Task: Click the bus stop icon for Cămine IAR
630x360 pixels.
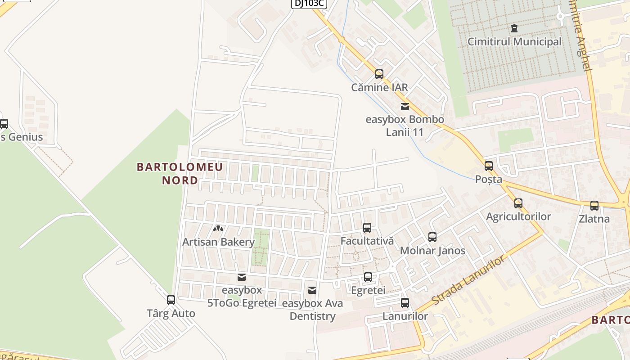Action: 379,74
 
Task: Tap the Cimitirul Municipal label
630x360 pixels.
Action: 514,42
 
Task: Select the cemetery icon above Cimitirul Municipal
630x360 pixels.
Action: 514,29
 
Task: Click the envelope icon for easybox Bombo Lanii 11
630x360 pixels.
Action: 405,107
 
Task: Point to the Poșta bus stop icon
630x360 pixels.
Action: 489,166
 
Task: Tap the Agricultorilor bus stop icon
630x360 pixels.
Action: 518,203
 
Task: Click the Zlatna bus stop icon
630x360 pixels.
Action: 594,206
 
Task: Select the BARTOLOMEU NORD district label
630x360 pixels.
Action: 180,174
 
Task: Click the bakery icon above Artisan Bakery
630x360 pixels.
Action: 218,229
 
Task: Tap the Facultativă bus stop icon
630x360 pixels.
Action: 367,228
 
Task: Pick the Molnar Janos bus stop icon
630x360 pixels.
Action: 432,237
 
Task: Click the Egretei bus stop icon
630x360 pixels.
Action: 368,277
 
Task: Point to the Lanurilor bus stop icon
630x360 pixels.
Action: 405,303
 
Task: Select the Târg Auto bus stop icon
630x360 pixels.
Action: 171,300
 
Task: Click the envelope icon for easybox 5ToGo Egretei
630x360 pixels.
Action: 242,277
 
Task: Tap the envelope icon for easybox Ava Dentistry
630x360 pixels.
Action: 312,290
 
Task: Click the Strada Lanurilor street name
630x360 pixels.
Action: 468,280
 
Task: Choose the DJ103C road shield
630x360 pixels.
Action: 309,3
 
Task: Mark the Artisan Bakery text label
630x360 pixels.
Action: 218,242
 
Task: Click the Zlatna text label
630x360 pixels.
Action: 594,219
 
